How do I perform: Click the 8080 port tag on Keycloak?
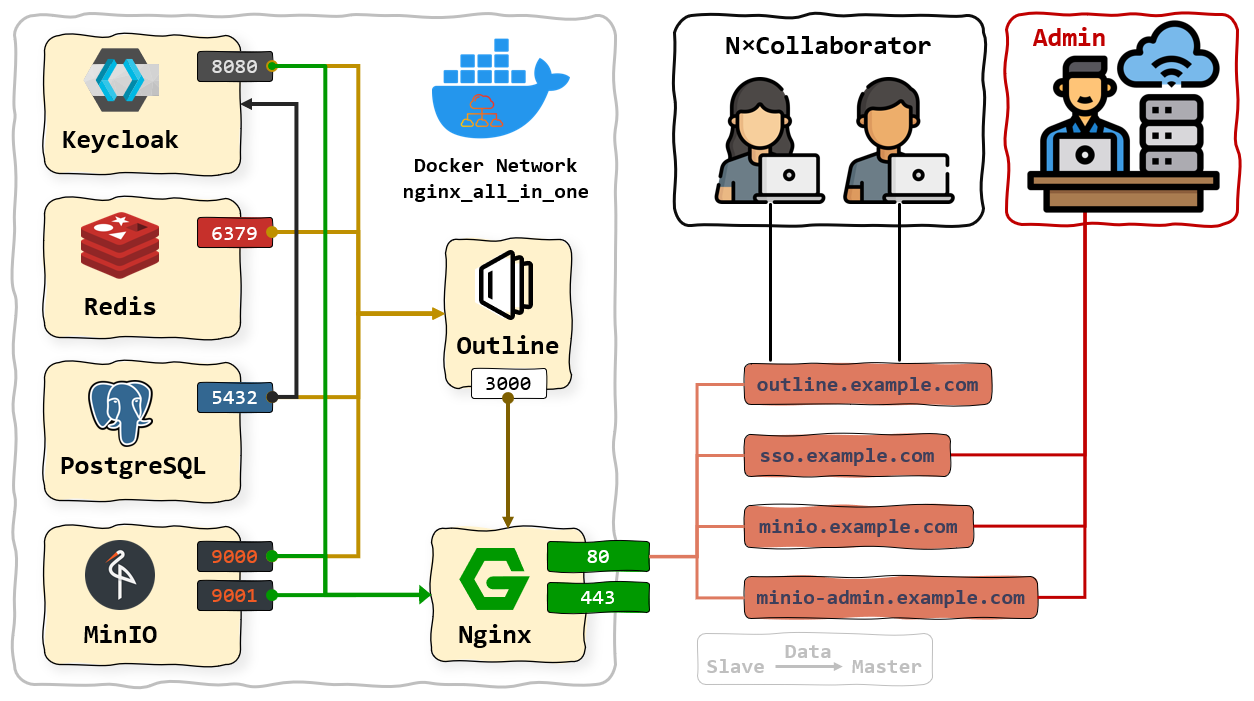pos(234,67)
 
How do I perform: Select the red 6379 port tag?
pos(234,233)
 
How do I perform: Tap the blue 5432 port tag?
pos(234,398)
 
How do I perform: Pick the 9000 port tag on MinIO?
pos(234,556)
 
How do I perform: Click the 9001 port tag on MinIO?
pos(234,597)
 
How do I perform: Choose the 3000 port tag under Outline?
pos(508,383)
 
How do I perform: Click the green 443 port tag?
pos(598,598)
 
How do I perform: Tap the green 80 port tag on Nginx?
pos(598,556)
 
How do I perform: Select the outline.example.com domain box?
pos(867,385)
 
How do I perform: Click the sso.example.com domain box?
pos(846,456)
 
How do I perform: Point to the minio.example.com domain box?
pos(858,527)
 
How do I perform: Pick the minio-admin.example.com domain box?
pos(890,598)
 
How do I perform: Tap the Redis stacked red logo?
pos(119,246)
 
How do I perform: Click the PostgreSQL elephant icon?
pos(120,410)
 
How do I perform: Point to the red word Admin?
pos(1068,39)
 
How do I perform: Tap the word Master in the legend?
pos(886,667)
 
